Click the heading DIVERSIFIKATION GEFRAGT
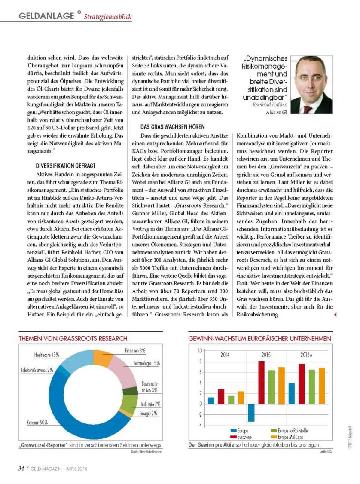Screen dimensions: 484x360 [x=69, y=165]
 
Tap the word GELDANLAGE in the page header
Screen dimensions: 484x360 [x=47, y=16]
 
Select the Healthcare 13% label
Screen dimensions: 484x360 [x=47, y=355]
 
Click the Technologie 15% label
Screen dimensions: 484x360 [x=146, y=363]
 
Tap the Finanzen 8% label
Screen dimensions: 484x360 [x=135, y=351]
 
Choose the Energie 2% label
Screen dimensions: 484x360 [x=148, y=414]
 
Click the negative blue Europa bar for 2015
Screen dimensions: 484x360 [x=251, y=413]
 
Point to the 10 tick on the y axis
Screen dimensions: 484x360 [x=199, y=350]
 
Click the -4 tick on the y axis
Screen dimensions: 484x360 [x=199, y=426]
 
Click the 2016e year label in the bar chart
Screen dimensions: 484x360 [x=306, y=355]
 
